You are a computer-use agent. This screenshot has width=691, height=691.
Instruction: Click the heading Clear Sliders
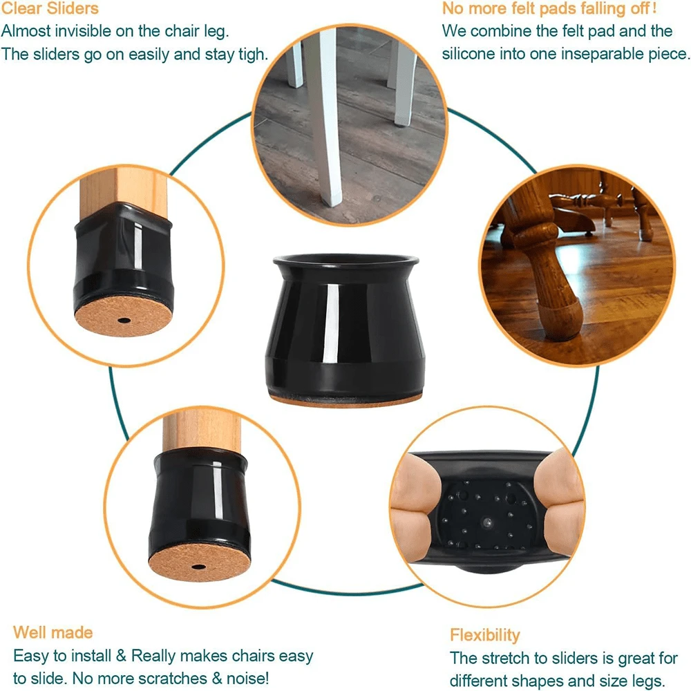[x=50, y=8]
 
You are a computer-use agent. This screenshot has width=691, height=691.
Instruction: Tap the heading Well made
[x=53, y=633]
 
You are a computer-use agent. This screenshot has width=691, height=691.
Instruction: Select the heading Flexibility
[x=485, y=636]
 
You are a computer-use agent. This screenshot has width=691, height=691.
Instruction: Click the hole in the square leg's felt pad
[x=124, y=320]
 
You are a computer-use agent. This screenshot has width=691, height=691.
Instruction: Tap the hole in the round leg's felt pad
[x=198, y=567]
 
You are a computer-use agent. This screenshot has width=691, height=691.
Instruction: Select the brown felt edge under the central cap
[x=345, y=401]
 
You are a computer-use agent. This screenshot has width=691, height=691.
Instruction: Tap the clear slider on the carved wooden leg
[x=560, y=318]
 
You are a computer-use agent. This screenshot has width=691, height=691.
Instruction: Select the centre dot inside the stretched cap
[x=486, y=522]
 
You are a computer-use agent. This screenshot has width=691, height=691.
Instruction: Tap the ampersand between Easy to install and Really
[x=121, y=655]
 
